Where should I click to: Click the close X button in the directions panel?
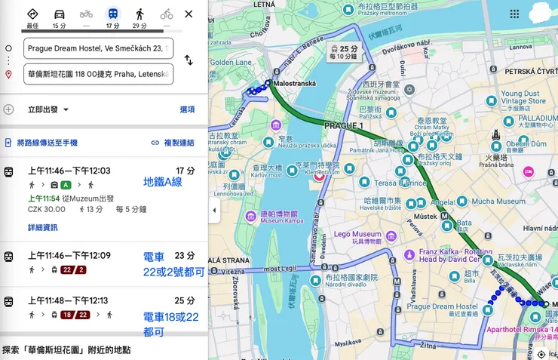(x=189, y=14)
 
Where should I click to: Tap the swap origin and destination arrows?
(x=189, y=60)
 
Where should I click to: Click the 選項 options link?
(x=187, y=109)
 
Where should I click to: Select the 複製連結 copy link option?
(x=173, y=143)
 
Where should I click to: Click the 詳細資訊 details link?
(x=42, y=227)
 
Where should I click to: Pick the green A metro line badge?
(x=66, y=185)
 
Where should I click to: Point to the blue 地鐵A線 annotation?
(x=162, y=182)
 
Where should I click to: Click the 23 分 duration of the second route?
(x=185, y=256)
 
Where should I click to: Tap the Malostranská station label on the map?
(x=296, y=83)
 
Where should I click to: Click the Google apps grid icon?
(x=514, y=14)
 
